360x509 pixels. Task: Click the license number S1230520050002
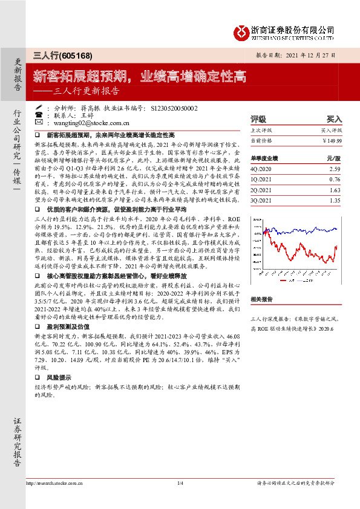coord(174,107)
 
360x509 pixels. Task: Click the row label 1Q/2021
coord(262,179)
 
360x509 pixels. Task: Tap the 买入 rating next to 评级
coord(335,120)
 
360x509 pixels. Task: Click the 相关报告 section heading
coord(263,299)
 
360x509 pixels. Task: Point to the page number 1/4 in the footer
coord(180,483)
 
